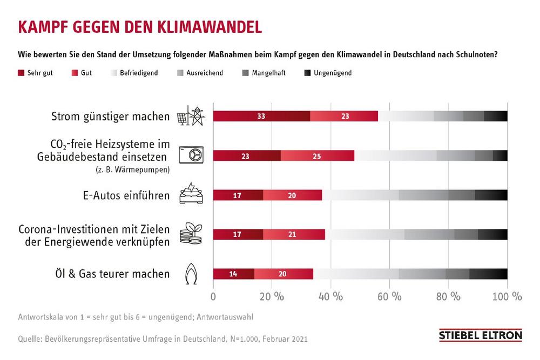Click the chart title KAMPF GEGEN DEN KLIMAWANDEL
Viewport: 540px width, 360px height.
point(140,27)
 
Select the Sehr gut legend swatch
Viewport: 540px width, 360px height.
point(21,72)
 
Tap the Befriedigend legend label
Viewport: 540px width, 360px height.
point(139,72)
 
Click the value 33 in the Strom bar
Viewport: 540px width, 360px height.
point(261,116)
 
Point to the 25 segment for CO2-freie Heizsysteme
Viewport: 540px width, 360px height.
point(318,155)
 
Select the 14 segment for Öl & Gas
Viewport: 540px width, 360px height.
point(233,274)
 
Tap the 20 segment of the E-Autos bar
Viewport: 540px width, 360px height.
point(292,195)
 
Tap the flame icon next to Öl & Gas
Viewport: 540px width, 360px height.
point(191,274)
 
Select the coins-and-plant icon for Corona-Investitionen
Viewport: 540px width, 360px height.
point(191,234)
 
